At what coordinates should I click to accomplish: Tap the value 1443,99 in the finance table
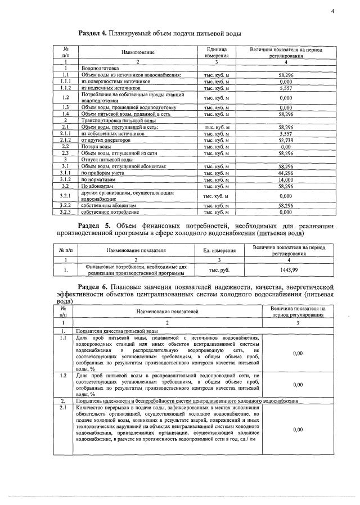click(x=288, y=269)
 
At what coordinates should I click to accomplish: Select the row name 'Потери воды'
click(x=93, y=146)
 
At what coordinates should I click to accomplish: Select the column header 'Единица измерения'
click(x=216, y=52)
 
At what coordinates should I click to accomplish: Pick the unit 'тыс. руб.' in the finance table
click(x=219, y=269)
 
